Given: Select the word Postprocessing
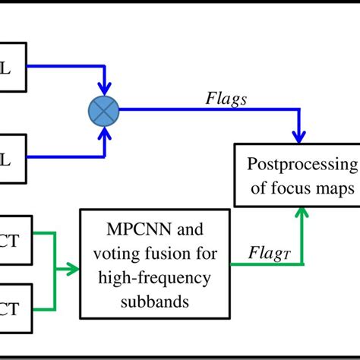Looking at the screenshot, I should click(x=302, y=166).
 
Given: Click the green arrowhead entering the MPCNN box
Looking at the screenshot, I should click(x=73, y=267).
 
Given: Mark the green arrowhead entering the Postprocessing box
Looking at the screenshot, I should click(x=304, y=214).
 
